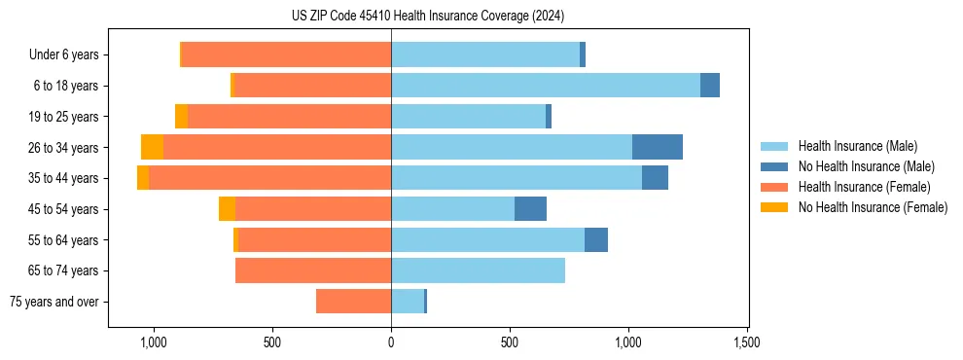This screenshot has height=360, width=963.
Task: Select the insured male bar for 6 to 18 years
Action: (x=545, y=86)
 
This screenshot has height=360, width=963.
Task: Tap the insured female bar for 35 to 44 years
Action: (x=269, y=178)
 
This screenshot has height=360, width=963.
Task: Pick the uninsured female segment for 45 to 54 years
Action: (x=227, y=208)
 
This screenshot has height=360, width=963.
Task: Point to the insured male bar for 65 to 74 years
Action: (x=478, y=270)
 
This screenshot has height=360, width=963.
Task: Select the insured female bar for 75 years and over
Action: (x=353, y=302)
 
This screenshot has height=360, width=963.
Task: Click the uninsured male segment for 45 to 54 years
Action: (x=530, y=208)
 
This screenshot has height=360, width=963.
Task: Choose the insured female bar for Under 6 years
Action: (x=286, y=54)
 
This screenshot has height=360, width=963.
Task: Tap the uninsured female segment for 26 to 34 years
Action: (x=152, y=147)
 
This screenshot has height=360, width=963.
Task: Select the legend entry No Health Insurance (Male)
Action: (x=866, y=166)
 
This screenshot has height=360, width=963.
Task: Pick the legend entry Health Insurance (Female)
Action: (x=864, y=187)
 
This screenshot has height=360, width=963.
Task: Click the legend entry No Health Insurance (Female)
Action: (x=873, y=207)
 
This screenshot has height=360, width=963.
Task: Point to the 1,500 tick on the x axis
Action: (x=746, y=342)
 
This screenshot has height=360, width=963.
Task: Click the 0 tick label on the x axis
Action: (x=391, y=342)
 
